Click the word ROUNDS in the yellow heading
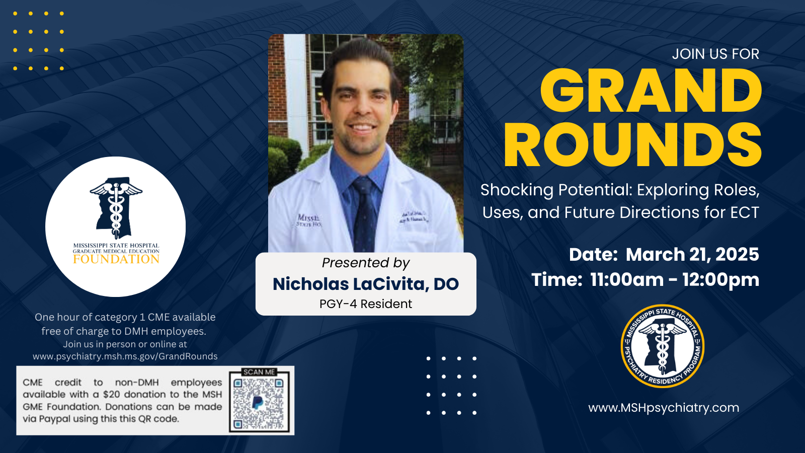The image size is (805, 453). tap(633, 145)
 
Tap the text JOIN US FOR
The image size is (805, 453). tap(715, 54)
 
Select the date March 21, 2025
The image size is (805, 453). tap(692, 255)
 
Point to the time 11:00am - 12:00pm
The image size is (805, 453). tap(675, 280)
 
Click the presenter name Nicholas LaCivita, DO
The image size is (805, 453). tap(366, 284)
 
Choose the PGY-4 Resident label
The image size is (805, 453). tap(366, 304)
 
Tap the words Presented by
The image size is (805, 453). tap(366, 263)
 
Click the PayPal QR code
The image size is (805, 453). tap(259, 404)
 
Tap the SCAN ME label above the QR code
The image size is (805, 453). tap(259, 372)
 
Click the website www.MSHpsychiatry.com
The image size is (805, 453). tap(664, 408)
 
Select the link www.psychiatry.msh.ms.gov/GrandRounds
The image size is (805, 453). tap(125, 356)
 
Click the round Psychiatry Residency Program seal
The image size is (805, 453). tap(662, 346)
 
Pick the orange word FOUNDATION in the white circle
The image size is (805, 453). tap(116, 259)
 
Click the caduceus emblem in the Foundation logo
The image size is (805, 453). tap(116, 208)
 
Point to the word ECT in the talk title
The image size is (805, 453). tap(745, 212)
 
